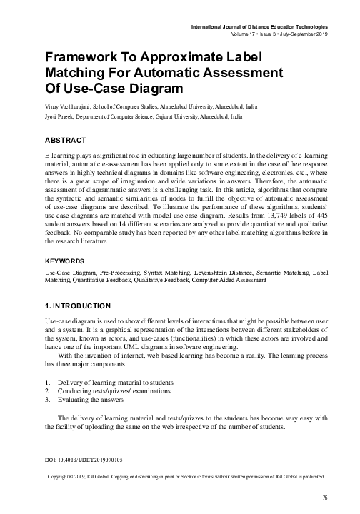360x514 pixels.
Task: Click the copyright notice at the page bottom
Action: point(186,475)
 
